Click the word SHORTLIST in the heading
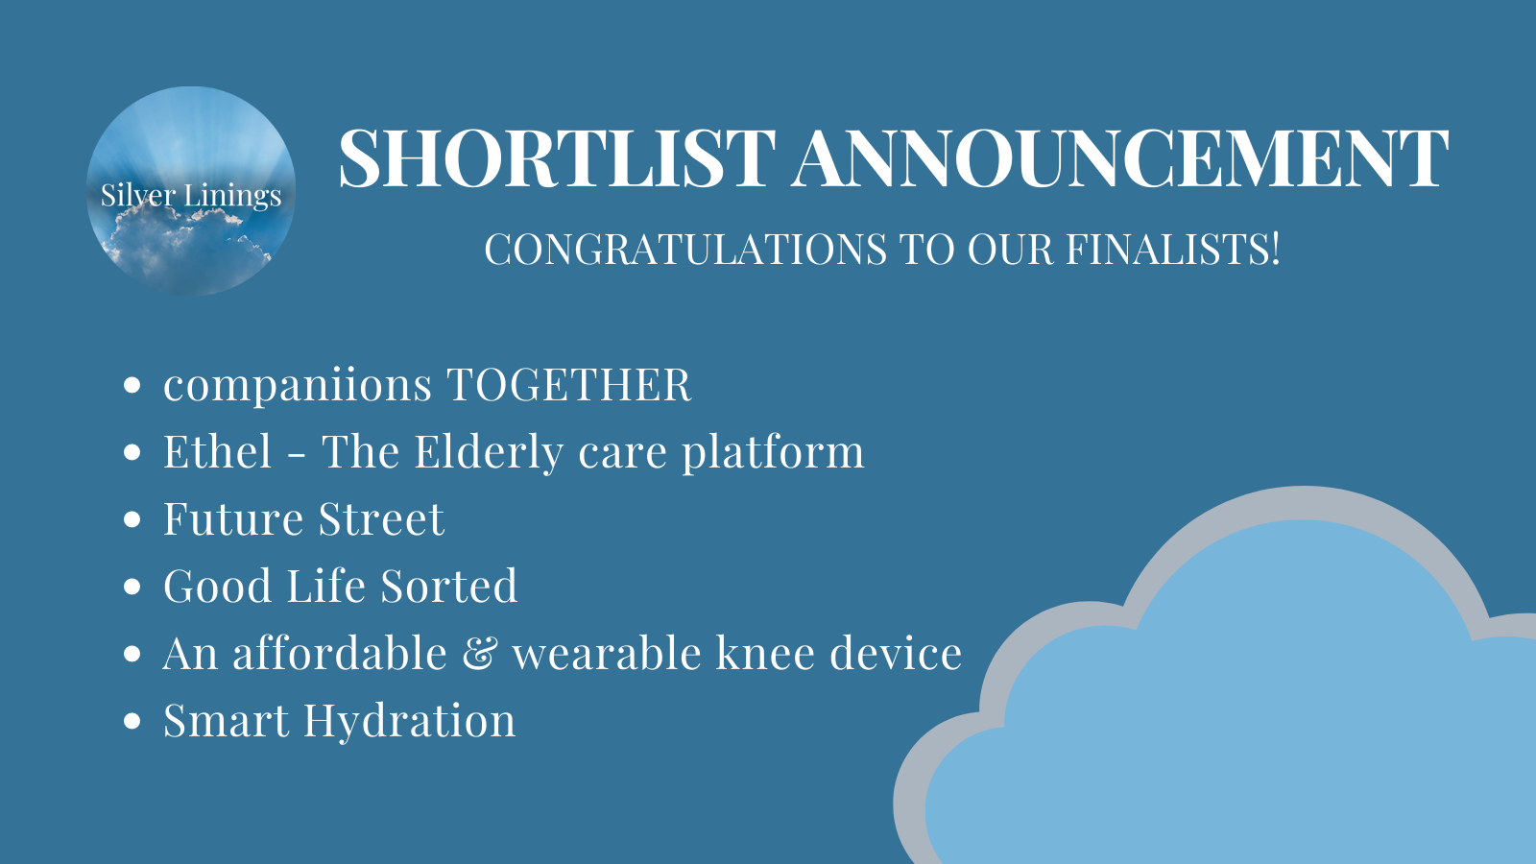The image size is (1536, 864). (x=557, y=158)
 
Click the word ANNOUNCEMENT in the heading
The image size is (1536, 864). (x=1120, y=158)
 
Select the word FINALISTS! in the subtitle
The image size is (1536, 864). (x=1173, y=250)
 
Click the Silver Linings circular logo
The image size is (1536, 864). (x=191, y=191)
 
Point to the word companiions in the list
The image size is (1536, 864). (x=298, y=386)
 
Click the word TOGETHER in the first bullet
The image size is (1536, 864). (x=568, y=386)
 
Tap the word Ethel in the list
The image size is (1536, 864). (x=218, y=452)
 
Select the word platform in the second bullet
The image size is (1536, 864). (x=773, y=452)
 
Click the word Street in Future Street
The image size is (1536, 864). (x=381, y=519)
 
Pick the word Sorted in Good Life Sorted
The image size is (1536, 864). (x=448, y=587)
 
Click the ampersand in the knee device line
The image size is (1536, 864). (x=479, y=654)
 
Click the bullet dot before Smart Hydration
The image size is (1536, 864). (x=132, y=722)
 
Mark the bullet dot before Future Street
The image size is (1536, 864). (x=132, y=520)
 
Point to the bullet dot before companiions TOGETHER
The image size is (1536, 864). (x=132, y=386)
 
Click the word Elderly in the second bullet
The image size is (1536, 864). (x=489, y=452)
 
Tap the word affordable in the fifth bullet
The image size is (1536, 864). (x=340, y=654)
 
